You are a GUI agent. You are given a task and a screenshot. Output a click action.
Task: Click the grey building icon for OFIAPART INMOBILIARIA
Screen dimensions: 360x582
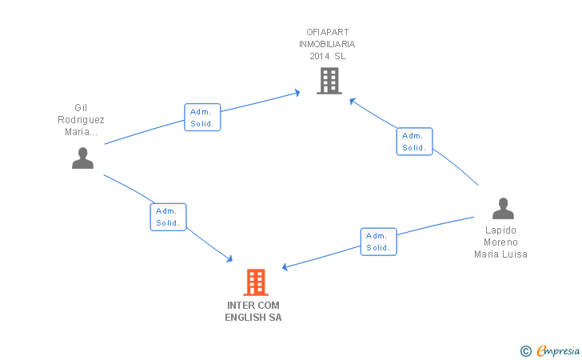[329, 81]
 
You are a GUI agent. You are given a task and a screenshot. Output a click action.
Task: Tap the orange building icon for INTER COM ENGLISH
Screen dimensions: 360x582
[255, 282]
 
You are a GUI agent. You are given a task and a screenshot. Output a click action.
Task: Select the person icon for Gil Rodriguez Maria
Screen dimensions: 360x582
[82, 158]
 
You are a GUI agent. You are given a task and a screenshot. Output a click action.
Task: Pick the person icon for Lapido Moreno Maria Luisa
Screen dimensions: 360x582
[503, 209]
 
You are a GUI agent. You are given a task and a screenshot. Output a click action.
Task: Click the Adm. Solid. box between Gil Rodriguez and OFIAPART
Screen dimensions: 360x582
[202, 118]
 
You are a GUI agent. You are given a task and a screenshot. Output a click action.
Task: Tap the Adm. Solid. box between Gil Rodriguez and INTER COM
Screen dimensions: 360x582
[168, 217]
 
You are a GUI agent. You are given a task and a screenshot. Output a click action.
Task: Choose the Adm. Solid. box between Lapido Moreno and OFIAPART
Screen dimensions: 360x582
[414, 142]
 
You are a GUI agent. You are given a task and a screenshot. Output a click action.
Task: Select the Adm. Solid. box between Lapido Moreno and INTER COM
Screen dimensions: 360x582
[378, 242]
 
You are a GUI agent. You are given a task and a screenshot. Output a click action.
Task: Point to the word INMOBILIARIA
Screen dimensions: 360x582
[327, 44]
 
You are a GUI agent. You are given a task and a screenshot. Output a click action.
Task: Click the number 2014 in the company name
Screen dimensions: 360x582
[320, 56]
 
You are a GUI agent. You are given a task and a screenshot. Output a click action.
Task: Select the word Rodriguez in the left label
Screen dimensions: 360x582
[81, 120]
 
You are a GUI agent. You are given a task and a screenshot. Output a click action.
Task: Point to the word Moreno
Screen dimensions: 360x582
[501, 242]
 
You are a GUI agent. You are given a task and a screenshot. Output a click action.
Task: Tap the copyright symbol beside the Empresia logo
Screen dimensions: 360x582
[525, 350]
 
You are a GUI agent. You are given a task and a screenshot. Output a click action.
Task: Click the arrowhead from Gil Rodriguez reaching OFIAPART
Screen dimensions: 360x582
[297, 93]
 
